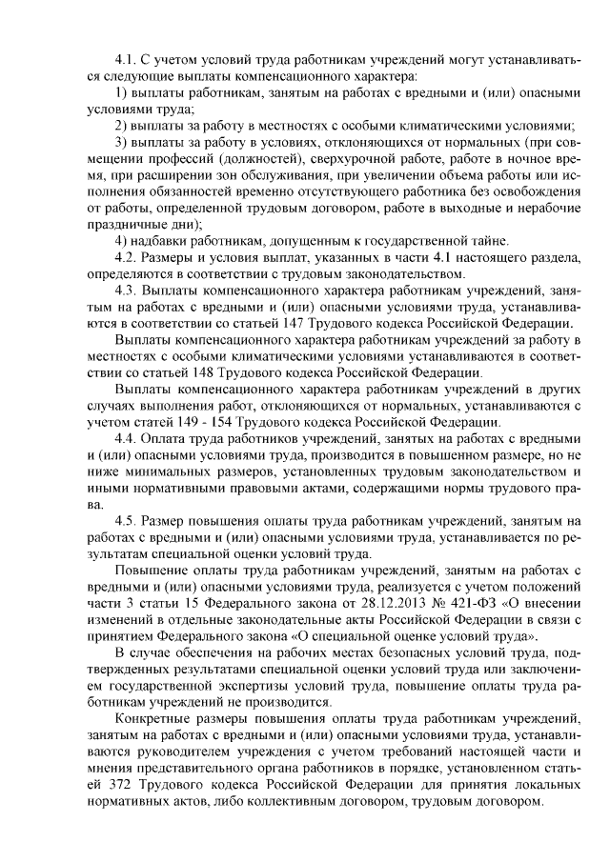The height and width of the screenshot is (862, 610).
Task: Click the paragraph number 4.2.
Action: click(x=124, y=257)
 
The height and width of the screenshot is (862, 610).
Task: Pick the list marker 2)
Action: click(x=120, y=126)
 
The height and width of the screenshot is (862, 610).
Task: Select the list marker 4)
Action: click(x=120, y=240)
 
